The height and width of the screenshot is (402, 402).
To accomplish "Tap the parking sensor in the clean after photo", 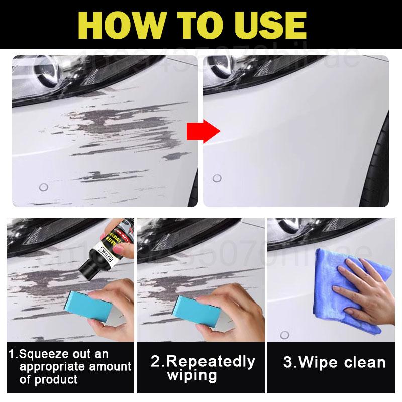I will click(217, 178).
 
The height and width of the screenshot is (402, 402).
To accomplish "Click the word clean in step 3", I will click(362, 362).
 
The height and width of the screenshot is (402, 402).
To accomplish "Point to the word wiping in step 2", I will click(192, 376).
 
